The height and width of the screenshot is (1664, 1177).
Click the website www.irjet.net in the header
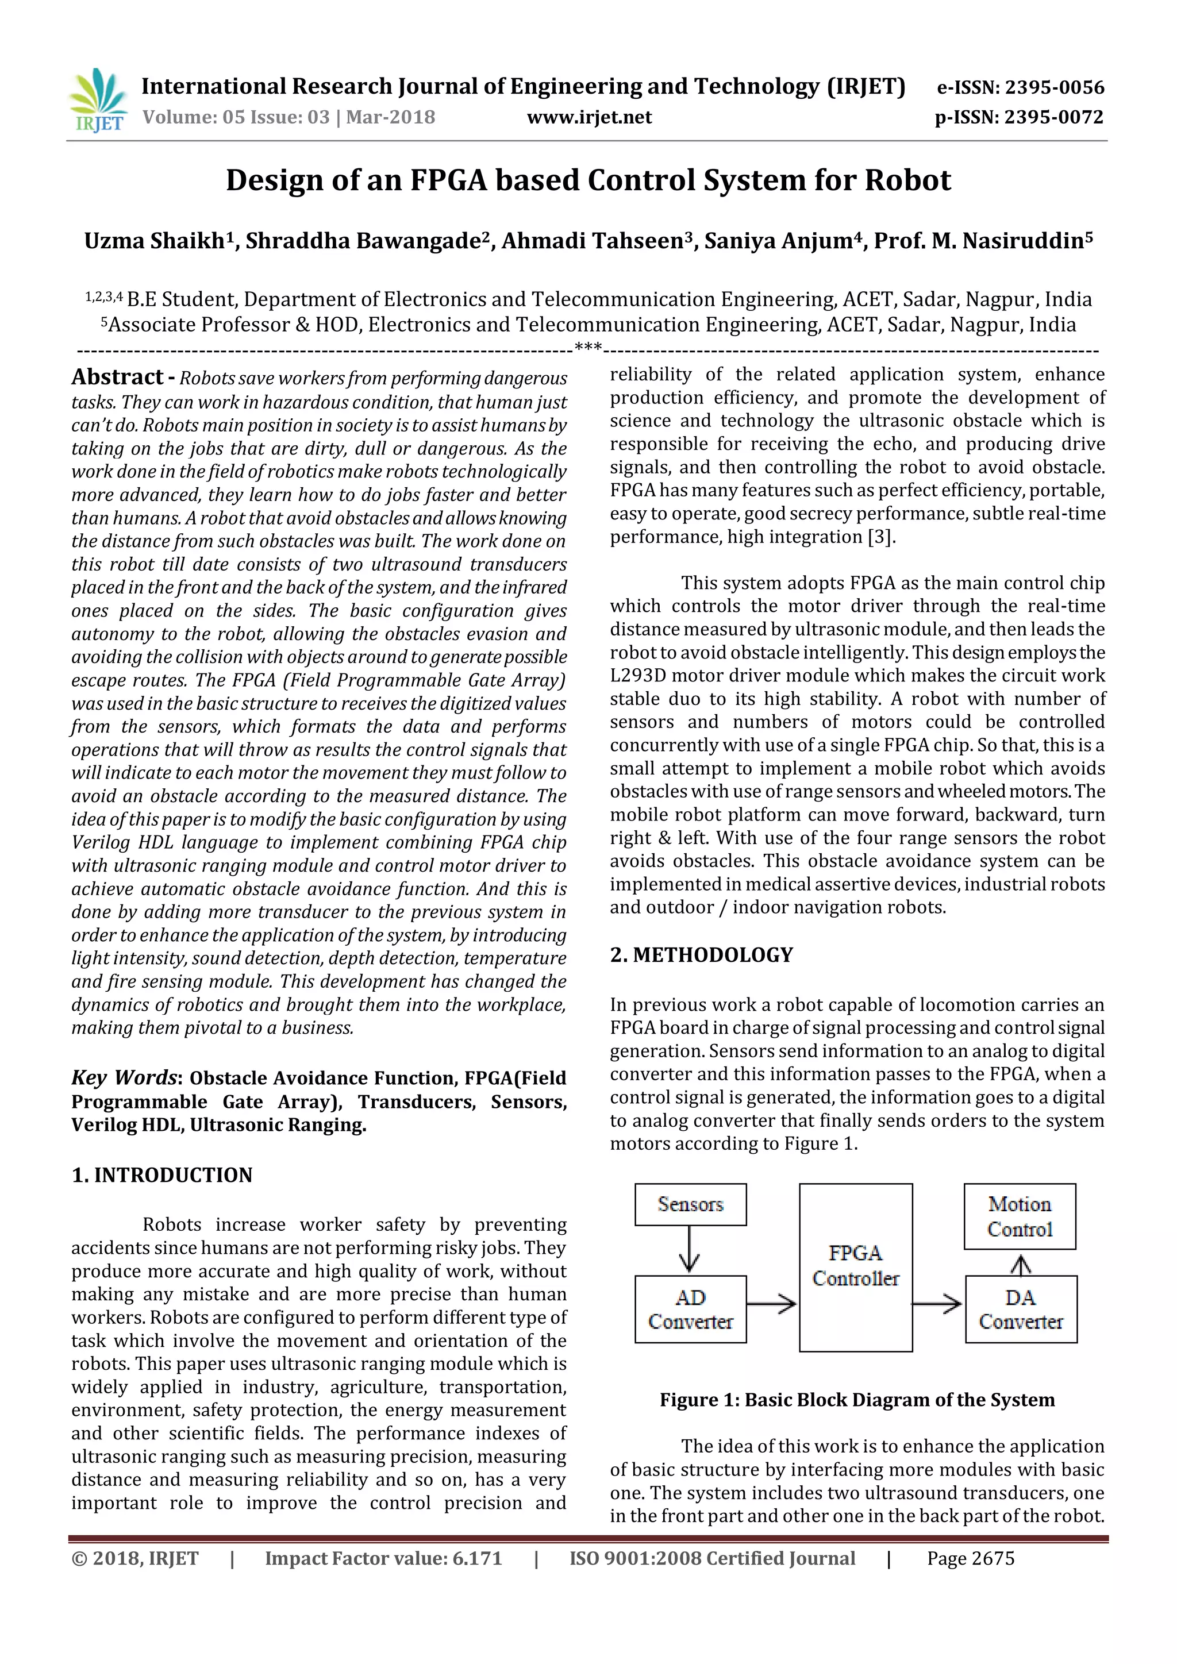588,117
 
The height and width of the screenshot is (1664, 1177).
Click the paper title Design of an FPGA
588,180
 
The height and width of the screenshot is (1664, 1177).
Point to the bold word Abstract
117,377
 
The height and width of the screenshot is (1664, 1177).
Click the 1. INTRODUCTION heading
161,1175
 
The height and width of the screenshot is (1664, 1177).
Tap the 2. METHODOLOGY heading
702,954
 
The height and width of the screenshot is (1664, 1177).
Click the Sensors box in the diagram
690,1204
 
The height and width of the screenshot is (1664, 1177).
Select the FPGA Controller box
855,1267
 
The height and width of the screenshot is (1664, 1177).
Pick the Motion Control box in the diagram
1019,1216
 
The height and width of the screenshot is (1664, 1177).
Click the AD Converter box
690,1309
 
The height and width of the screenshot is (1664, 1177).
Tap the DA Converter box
1021,1309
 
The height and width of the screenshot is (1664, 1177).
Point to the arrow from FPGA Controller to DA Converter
936,1304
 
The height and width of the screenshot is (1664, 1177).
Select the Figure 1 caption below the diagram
857,1400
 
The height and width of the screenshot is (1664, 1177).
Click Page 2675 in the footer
971,1558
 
